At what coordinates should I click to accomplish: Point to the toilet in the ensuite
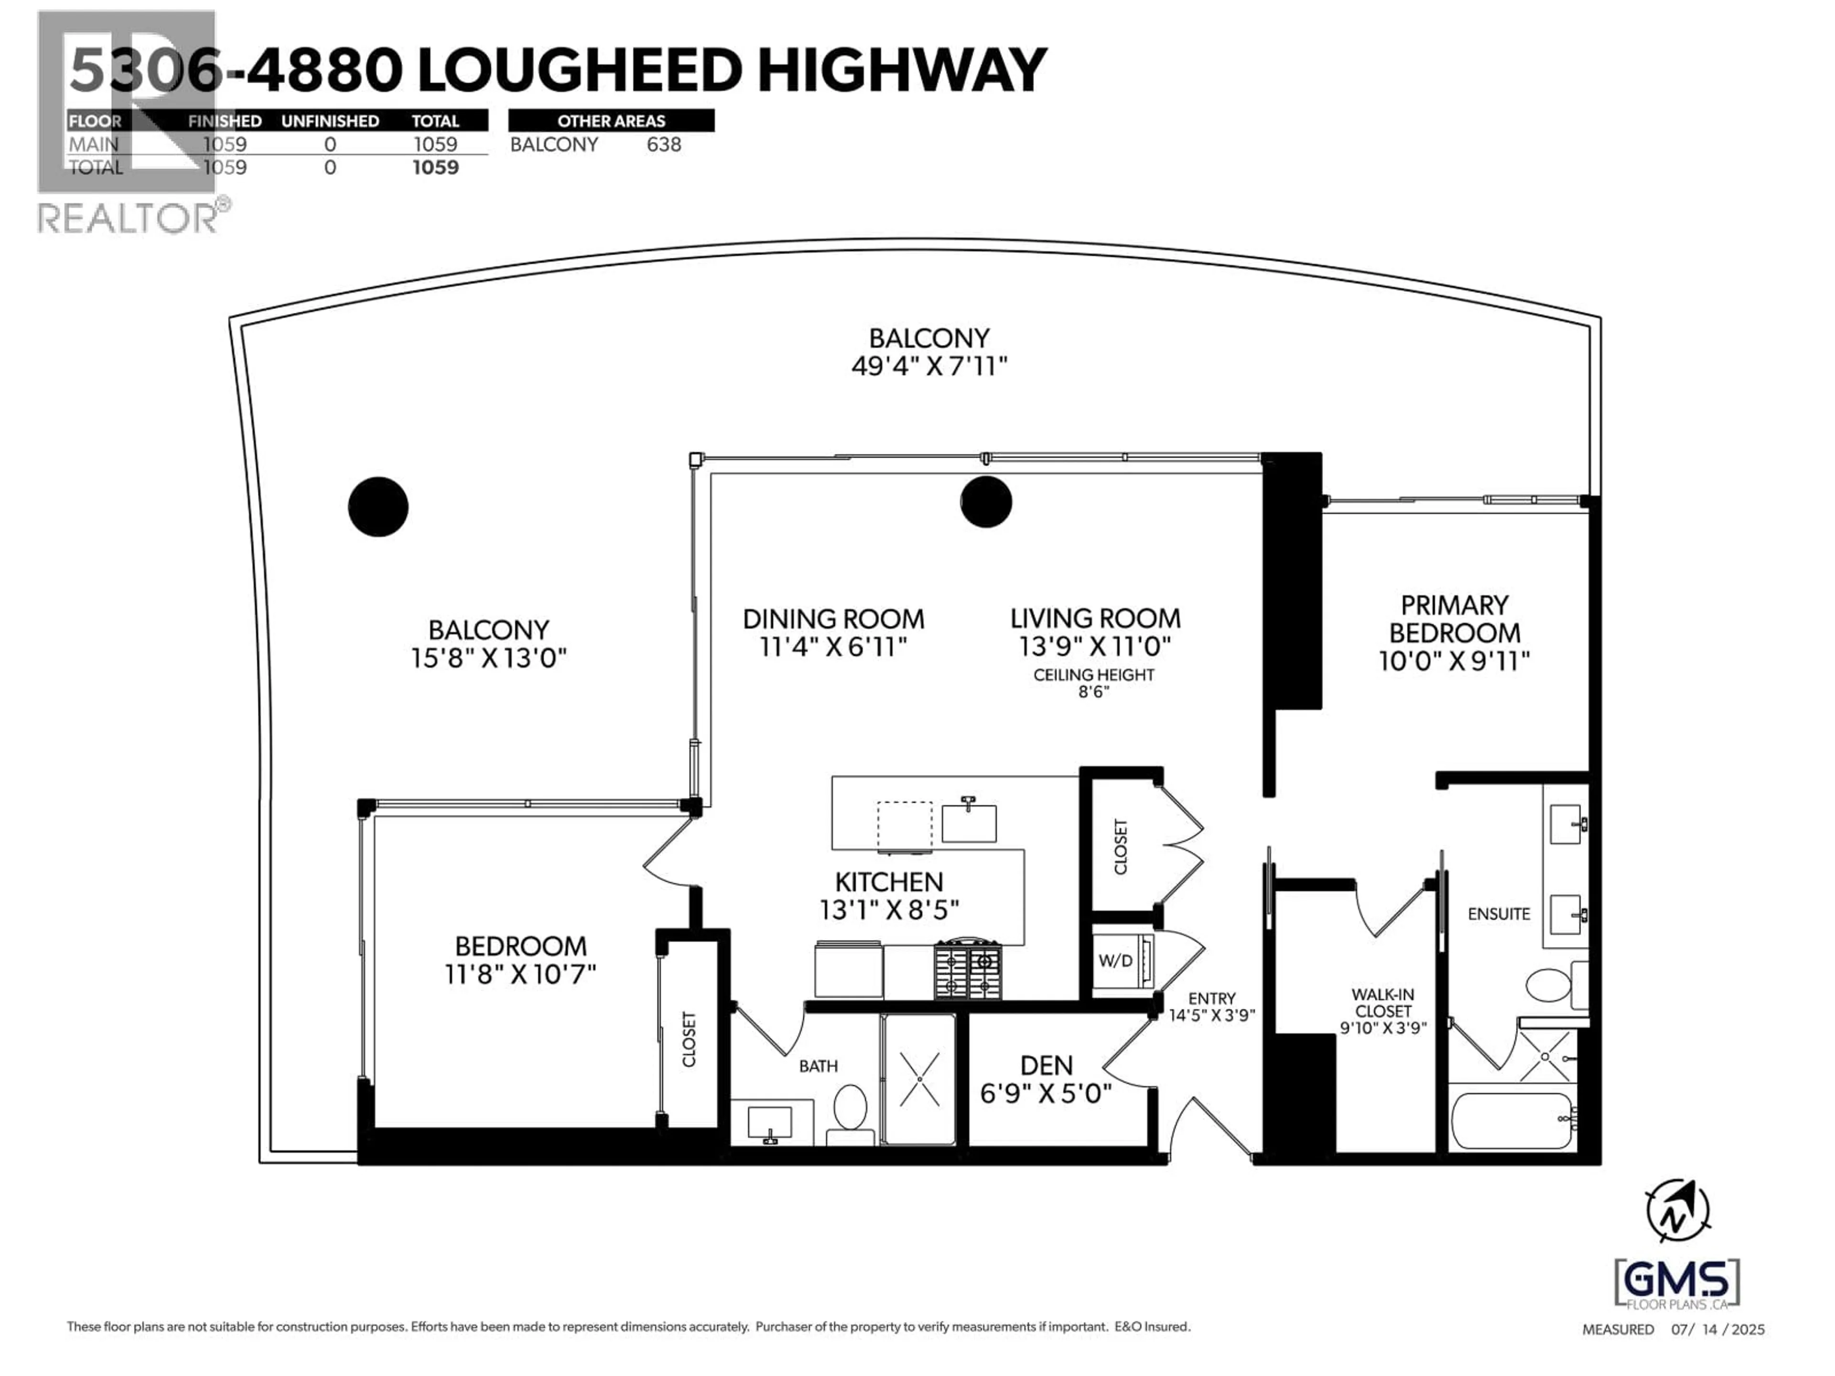point(1548,985)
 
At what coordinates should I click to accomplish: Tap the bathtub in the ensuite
point(1511,1120)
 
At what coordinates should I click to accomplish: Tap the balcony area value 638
point(664,144)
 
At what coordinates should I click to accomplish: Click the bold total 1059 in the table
point(435,168)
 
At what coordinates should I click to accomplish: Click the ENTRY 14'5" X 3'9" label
point(1211,1006)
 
